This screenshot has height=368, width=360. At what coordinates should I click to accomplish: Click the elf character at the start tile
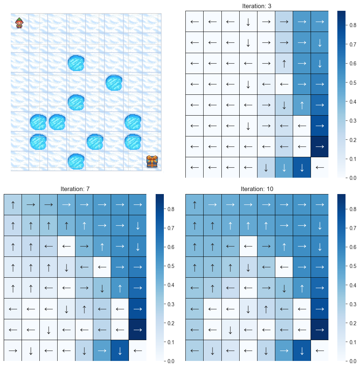[x=19, y=23]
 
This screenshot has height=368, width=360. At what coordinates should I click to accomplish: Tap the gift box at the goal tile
[x=152, y=161]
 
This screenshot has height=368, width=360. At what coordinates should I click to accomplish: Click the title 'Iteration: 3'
[x=257, y=6]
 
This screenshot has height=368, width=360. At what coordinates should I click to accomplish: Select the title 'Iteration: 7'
[x=75, y=189]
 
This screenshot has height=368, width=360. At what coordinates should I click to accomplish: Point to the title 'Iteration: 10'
[x=257, y=189]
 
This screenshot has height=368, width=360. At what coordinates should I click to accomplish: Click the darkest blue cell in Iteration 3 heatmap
[x=320, y=146]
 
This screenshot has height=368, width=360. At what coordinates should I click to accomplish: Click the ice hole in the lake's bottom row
[x=76, y=161]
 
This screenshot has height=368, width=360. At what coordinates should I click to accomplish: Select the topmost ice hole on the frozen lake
[x=76, y=62]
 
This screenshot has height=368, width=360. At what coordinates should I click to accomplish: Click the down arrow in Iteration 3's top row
[x=248, y=22]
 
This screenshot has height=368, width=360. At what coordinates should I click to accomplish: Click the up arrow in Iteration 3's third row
[x=284, y=63]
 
